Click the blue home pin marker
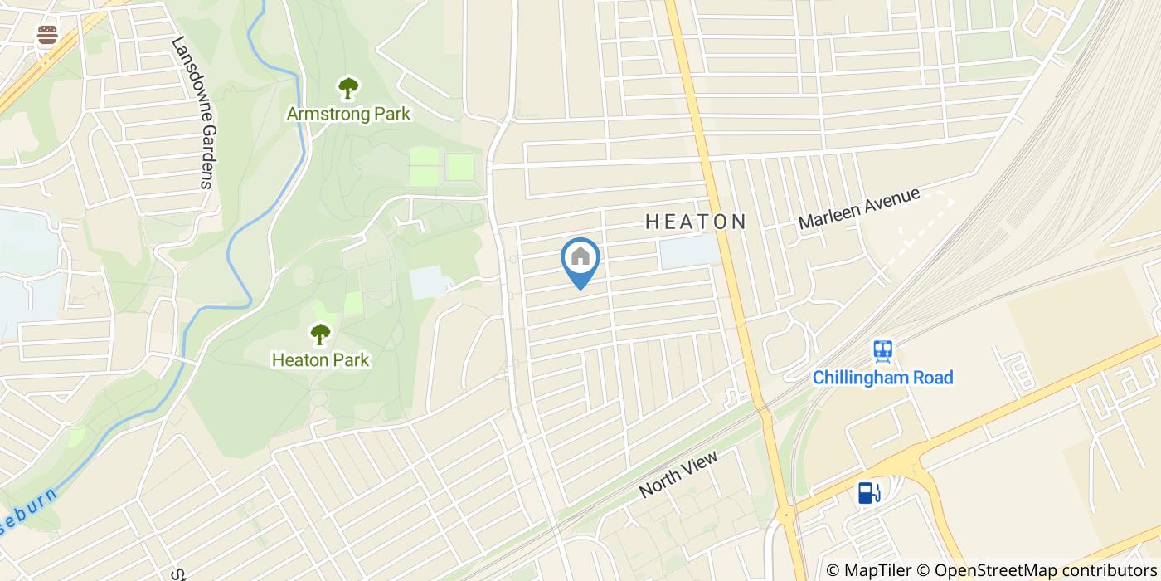(x=580, y=259)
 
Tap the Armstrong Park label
(x=348, y=114)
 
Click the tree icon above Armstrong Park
(x=348, y=87)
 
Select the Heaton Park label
(x=320, y=360)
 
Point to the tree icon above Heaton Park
(x=320, y=334)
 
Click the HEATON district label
(x=696, y=222)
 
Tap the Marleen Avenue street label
(x=859, y=208)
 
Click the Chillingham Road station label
(x=882, y=378)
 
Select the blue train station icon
(x=882, y=350)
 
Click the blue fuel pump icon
(x=868, y=493)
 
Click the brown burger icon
(x=47, y=35)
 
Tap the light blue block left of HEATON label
(x=687, y=251)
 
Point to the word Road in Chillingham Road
(x=932, y=378)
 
